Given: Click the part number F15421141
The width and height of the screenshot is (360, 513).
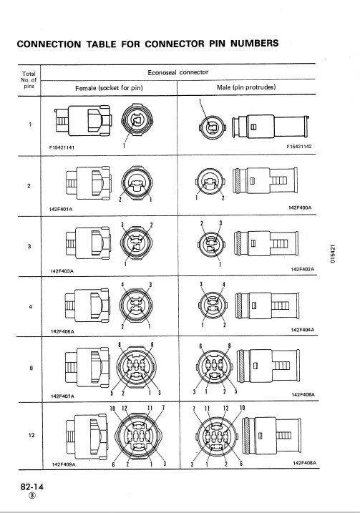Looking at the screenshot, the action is [62, 147].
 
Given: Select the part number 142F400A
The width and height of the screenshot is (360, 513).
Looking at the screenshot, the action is [300, 207].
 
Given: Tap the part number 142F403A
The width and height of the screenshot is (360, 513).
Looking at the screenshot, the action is [62, 271].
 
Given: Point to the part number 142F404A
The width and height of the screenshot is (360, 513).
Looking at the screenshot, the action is [303, 330].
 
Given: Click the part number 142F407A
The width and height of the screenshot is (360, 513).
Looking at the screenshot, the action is [62, 396].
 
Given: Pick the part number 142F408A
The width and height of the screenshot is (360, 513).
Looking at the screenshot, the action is [304, 463].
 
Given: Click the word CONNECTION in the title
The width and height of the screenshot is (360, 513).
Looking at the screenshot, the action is [49, 44].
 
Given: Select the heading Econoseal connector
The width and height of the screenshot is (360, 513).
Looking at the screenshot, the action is [177, 72].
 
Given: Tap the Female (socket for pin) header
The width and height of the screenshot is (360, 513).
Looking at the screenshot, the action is [109, 88].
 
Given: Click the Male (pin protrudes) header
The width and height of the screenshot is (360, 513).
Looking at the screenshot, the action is [246, 87].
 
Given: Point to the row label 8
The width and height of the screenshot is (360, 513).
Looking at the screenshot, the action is [31, 368].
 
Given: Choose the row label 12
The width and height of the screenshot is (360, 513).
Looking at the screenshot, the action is [31, 435].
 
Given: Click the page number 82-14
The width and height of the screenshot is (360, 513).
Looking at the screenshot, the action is [31, 487].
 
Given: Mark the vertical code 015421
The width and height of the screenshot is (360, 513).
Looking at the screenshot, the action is [333, 254].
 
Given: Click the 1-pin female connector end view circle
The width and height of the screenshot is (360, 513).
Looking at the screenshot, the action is [137, 120].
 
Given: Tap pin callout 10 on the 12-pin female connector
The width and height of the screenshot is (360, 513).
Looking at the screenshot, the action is [112, 409].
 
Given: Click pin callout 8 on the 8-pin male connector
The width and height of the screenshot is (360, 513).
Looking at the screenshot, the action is [230, 346].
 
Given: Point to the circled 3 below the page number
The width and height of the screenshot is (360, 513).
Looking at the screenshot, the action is [32, 495].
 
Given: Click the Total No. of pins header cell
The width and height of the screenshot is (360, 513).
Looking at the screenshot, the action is [29, 80].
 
